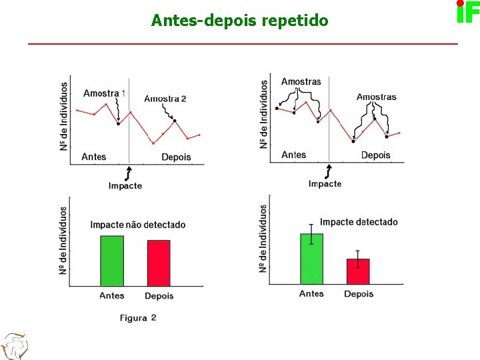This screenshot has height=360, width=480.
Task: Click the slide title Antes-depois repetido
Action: pos(239,21)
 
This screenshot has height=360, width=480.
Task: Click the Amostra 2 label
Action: pos(165,99)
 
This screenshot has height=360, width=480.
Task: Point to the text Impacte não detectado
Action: pos(138,225)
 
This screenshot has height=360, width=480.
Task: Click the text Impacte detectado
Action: pos(359,222)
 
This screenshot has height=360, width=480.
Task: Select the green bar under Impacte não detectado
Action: pos(112,261)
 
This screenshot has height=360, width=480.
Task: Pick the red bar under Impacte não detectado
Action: pos(159,263)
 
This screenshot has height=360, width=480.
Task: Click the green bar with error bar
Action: pos(311,259)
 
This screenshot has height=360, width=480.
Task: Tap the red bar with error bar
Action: pos(358,271)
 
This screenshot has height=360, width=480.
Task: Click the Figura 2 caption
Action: pos(138,318)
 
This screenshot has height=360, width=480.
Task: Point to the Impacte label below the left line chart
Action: pos(125,186)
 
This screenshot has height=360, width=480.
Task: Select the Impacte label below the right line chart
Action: pos(325,184)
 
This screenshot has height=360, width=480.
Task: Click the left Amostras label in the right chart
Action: pos(301,82)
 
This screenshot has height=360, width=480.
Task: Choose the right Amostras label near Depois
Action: pos(376,97)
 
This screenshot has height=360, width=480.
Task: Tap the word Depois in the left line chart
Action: pos(176,157)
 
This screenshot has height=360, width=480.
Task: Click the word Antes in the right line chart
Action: pos(294,155)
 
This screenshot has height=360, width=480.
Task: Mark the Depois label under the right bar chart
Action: pos(359,294)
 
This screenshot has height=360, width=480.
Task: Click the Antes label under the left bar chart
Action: pos(112,295)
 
